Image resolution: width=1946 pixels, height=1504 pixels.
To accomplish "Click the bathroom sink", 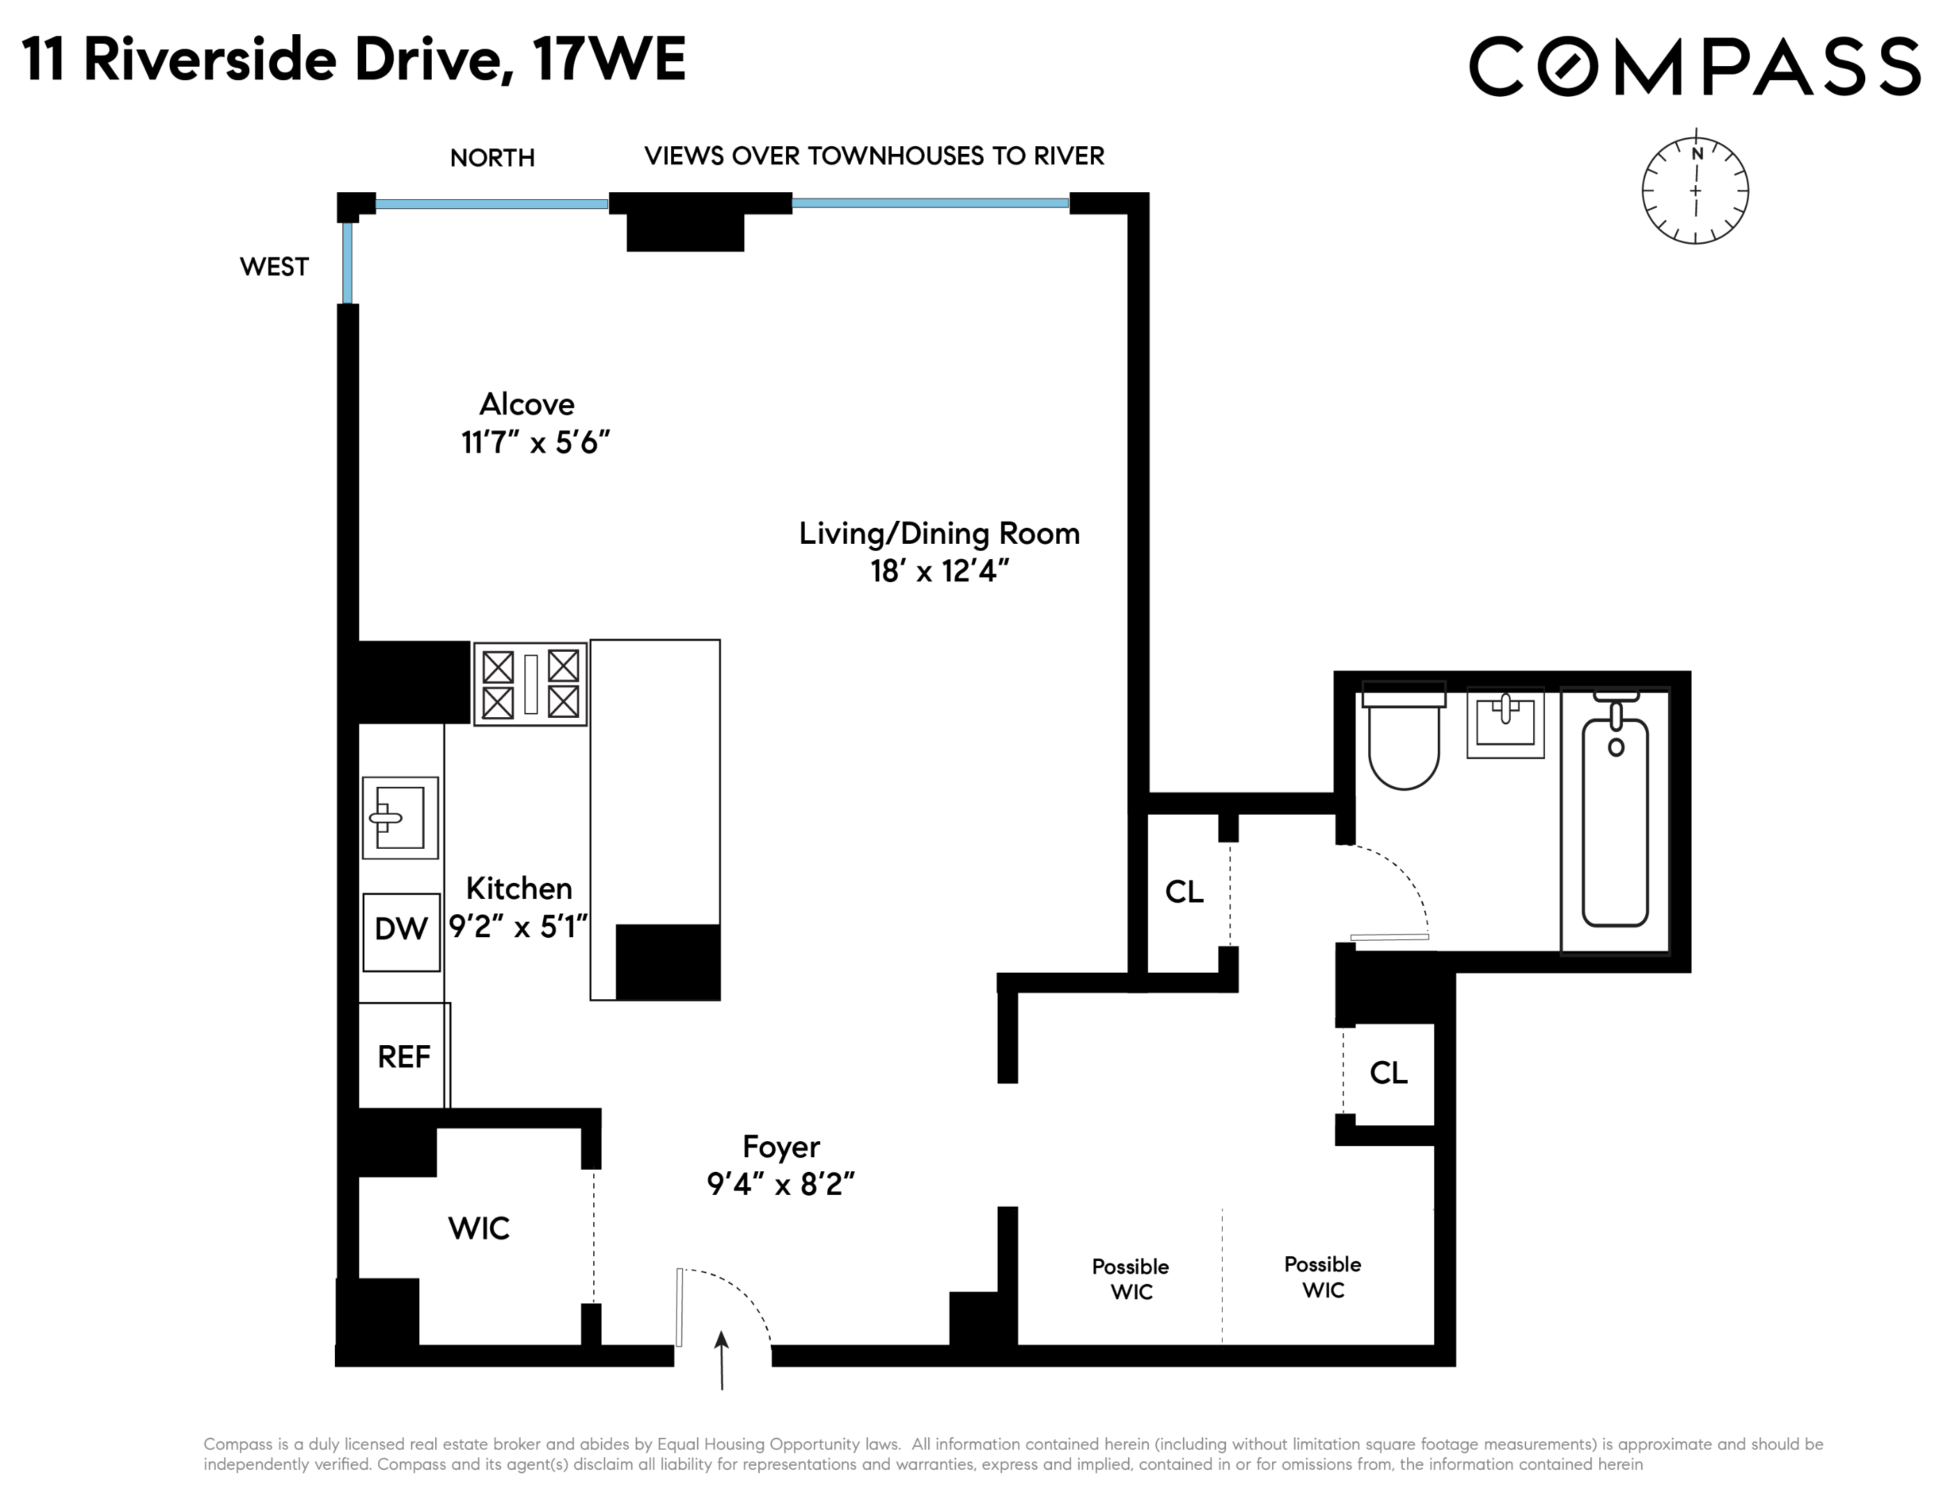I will pos(1505,721).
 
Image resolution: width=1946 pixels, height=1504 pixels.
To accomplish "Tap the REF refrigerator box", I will pos(404,1057).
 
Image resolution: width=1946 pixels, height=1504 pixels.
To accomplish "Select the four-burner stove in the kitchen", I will pos(530,683).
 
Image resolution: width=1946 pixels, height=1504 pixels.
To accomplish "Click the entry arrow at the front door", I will pos(722,1358).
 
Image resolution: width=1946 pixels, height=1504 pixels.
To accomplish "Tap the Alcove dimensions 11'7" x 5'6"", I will pos(535,443).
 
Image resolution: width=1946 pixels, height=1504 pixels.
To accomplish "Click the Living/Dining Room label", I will pos(939,533).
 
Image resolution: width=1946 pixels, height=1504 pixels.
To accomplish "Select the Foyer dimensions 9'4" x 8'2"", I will pos(780,1184).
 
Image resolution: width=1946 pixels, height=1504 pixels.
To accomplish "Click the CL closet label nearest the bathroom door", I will pos(1184,892).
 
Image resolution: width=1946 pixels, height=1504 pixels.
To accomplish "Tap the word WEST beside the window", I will pos(274,267).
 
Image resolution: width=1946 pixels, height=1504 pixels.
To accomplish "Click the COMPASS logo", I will pos(1693,66).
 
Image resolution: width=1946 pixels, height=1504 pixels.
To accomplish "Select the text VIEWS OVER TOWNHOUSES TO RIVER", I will pos(874,156).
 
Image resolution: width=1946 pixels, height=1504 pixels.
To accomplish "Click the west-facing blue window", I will pos(347,263).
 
